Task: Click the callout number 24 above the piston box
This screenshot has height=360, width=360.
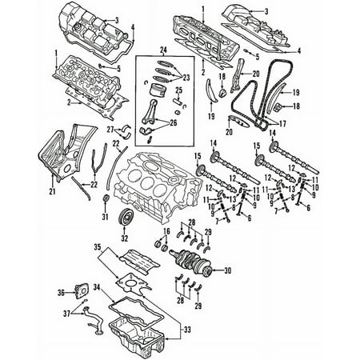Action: pos(163,50)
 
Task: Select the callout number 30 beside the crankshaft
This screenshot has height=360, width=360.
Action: pos(227,271)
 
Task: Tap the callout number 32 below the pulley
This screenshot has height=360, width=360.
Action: pos(125,238)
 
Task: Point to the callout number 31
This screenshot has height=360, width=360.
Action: pos(106,217)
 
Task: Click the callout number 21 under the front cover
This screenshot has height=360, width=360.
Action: pos(53,191)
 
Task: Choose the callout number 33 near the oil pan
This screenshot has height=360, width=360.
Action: pos(187,330)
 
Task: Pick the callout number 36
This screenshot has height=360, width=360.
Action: pos(62,293)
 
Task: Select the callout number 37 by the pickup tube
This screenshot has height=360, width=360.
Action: pos(66,314)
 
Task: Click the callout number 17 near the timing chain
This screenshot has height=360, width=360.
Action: pos(282,124)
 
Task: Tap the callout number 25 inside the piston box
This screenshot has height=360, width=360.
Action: pos(179,90)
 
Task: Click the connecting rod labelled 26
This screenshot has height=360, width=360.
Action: pos(150,112)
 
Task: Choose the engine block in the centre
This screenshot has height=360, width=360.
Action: pos(156,186)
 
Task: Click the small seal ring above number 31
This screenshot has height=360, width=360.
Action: pos(106,198)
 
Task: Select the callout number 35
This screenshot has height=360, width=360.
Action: pos(98,247)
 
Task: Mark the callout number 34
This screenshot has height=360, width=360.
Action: pos(97,287)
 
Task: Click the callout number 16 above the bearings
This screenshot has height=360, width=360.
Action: pos(166,231)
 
